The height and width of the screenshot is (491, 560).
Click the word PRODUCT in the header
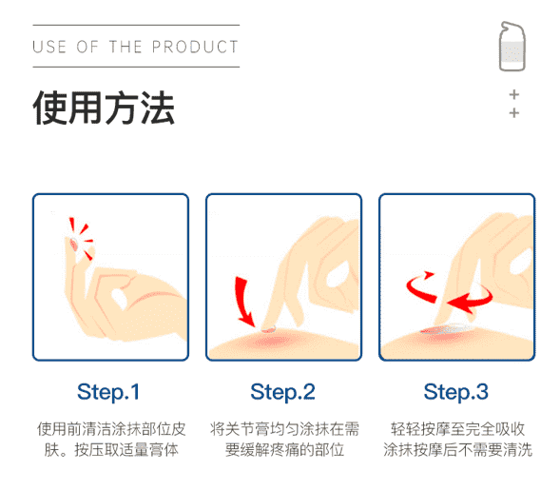click(x=195, y=47)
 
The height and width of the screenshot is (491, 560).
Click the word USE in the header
click(x=49, y=47)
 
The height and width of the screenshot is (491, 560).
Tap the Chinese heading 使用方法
click(x=104, y=108)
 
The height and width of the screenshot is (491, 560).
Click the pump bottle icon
click(x=512, y=47)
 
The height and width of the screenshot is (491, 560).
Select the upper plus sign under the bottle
click(x=514, y=95)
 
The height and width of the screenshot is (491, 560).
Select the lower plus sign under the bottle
click(x=514, y=113)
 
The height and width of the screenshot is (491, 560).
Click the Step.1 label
click(x=108, y=392)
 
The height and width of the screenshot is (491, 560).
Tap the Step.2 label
click(x=283, y=392)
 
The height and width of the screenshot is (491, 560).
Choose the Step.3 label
click(x=456, y=392)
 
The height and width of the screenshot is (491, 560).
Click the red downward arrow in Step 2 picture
click(x=242, y=300)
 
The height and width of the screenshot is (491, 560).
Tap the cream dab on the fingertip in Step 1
click(x=74, y=244)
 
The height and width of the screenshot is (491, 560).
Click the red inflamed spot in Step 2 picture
click(x=271, y=342)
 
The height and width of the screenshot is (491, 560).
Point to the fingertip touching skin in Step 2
click(x=268, y=327)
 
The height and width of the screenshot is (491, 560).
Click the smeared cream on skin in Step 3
click(x=447, y=329)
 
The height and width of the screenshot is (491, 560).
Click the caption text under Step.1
click(x=111, y=440)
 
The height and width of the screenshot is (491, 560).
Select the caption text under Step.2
click(x=284, y=440)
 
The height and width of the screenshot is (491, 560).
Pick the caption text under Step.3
click(x=457, y=440)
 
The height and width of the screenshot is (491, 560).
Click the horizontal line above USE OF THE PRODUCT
click(x=136, y=26)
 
